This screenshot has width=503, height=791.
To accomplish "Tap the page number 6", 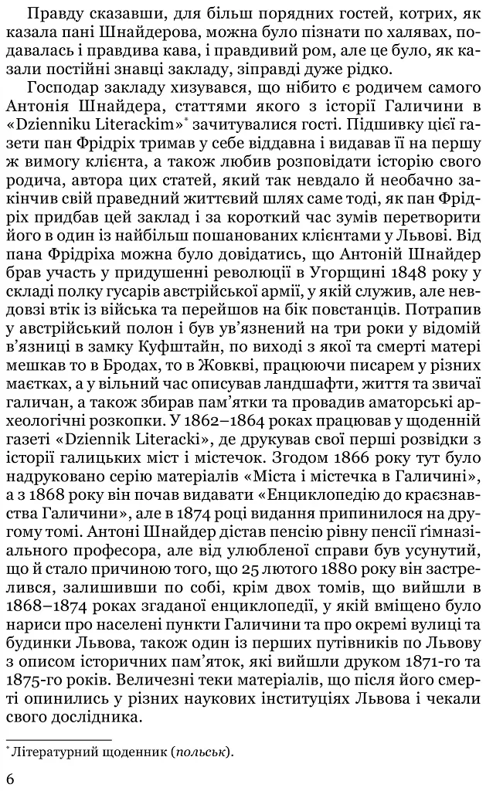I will pos(9,779).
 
